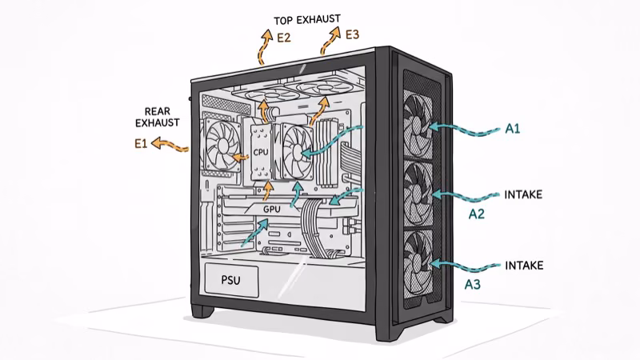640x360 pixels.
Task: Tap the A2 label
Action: tap(477, 214)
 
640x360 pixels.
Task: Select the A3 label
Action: tap(473, 283)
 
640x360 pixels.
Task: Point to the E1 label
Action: tap(140, 144)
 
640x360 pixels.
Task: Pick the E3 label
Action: tap(353, 34)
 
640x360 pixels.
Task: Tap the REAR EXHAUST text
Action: tap(162, 118)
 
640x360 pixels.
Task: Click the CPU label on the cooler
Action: tap(261, 150)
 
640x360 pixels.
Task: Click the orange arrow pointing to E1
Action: tap(170, 145)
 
